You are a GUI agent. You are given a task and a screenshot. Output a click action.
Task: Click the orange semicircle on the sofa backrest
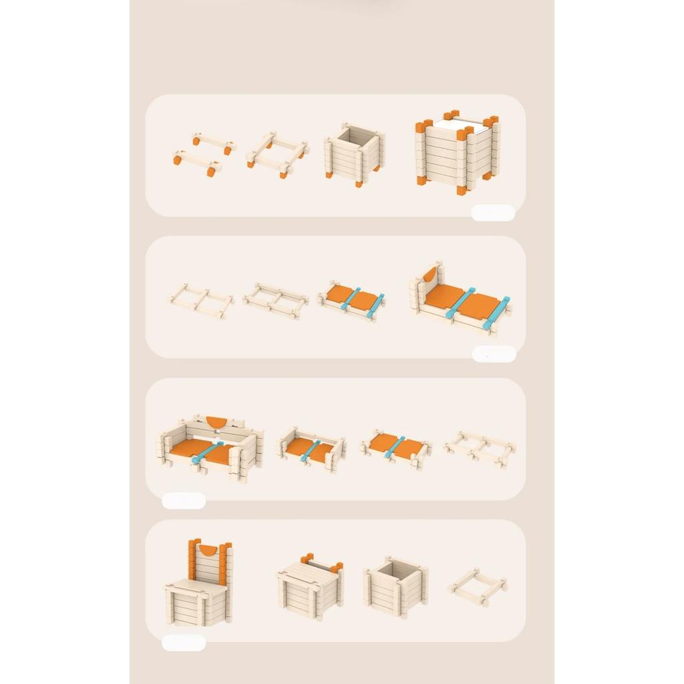click(x=216, y=421)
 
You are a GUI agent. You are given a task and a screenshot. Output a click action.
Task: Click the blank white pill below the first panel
click(x=493, y=212)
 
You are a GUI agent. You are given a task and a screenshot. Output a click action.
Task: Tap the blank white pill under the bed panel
click(x=494, y=354)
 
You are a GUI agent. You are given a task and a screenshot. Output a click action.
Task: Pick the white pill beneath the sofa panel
click(x=184, y=500)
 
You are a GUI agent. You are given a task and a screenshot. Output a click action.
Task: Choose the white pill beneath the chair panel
click(x=184, y=643)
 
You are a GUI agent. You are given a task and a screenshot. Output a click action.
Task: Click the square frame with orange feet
click(x=277, y=154)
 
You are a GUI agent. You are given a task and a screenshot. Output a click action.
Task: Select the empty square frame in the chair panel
click(x=477, y=586)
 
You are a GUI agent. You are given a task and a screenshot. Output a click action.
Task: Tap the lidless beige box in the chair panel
click(x=395, y=586)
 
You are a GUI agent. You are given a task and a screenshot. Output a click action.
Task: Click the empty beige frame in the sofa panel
click(x=479, y=448)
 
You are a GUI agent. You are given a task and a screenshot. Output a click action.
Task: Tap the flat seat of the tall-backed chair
click(x=197, y=588)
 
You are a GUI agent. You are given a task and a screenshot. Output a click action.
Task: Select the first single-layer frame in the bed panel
click(x=200, y=300)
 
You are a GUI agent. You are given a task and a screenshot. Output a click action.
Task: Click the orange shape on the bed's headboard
click(x=430, y=274)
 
